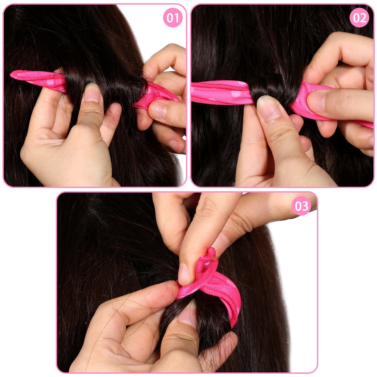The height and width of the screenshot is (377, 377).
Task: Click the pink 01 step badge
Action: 173,18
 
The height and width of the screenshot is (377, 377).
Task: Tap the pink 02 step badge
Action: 360,18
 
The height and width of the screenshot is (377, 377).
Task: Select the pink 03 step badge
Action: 301,206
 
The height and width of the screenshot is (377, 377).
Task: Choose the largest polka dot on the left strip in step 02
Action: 236,94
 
